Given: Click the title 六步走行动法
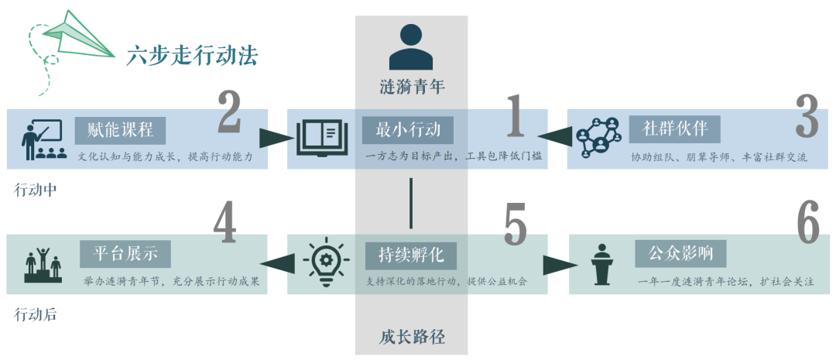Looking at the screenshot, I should coord(192,55).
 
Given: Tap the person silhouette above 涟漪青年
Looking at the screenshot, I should coord(411,48).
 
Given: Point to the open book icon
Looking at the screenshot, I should coord(318,137).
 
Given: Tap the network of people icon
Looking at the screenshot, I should coord(598,138).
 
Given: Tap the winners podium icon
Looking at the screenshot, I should coord(43,266).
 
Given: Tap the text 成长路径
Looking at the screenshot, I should coord(412,337).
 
